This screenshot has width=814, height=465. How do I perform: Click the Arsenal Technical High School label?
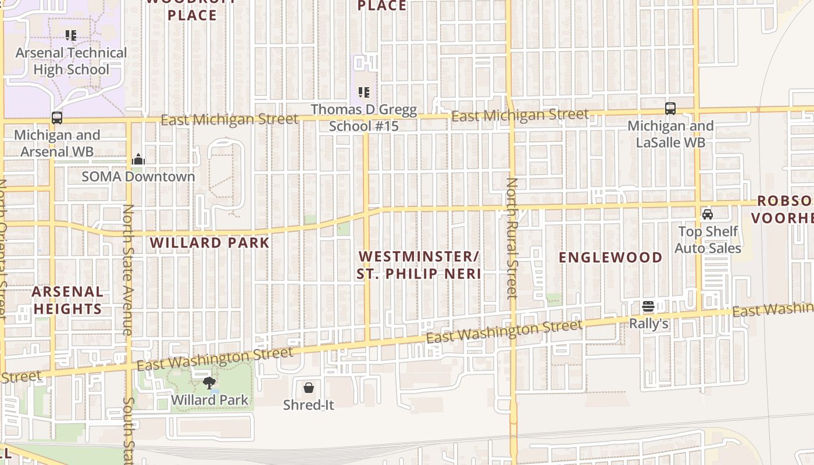click(x=72, y=61)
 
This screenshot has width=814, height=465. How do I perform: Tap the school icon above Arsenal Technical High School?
click(x=71, y=35)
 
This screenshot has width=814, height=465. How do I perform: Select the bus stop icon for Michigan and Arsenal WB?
click(x=57, y=118)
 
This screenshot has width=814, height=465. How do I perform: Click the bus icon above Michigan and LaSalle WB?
click(x=670, y=109)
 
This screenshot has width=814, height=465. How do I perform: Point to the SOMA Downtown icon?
click(x=138, y=159)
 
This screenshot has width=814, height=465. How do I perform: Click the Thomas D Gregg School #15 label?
click(x=364, y=117)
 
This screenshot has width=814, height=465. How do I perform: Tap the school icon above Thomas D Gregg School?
click(x=364, y=92)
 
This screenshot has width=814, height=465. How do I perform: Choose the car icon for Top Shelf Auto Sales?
click(x=708, y=214)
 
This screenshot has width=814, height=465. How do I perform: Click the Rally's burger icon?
click(x=648, y=306)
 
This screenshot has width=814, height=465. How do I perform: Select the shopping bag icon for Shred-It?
click(x=309, y=387)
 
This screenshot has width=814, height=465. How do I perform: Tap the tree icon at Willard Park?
click(x=209, y=383)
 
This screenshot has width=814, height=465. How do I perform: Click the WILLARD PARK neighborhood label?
click(x=210, y=242)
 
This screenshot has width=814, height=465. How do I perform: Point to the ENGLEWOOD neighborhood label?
click(x=610, y=257)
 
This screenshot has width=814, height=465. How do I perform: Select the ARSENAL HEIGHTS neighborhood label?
click(x=67, y=300)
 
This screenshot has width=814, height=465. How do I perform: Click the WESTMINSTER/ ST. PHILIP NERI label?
click(x=419, y=265)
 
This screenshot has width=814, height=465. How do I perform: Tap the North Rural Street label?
click(x=512, y=238)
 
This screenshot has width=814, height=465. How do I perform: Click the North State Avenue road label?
click(x=128, y=270)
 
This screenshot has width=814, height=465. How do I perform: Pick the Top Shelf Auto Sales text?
click(x=708, y=240)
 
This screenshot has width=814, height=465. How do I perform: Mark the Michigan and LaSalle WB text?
click(x=670, y=134)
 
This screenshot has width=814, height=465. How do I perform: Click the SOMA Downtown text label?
click(x=138, y=176)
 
